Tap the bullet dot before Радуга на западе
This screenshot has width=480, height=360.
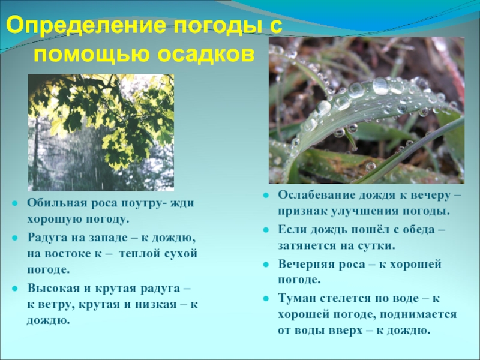pyautogui.click(x=15, y=238)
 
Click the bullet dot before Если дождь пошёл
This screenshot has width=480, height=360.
pyautogui.click(x=265, y=230)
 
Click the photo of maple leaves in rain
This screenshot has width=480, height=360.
pyautogui.click(x=101, y=133)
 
